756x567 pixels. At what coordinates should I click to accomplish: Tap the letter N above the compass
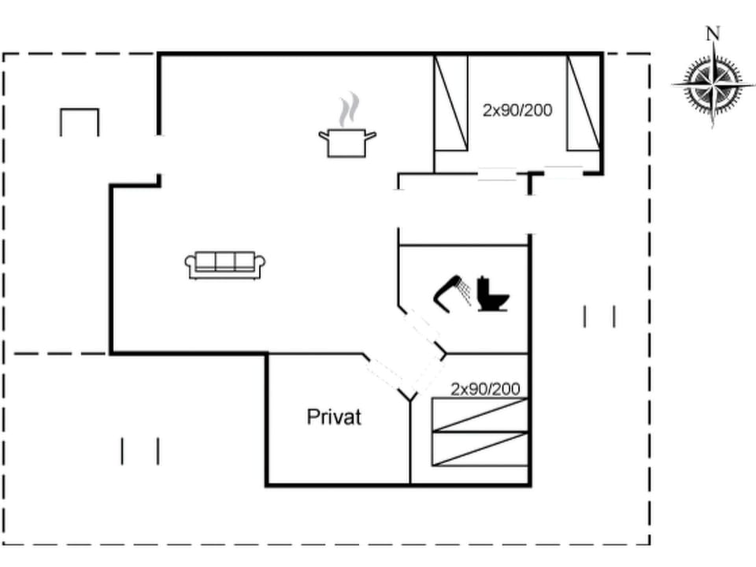[x=713, y=33]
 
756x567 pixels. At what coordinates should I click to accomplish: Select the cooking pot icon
[x=347, y=143]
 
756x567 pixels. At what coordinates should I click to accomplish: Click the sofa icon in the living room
[x=225, y=265]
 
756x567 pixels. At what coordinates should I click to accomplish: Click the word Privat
[x=334, y=417]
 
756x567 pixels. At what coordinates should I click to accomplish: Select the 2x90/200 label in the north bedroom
[x=517, y=110]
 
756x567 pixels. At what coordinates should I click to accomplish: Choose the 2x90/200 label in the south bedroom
[x=485, y=388]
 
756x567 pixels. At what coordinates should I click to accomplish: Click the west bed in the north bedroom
[x=451, y=102]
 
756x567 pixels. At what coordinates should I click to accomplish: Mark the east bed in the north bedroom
[x=584, y=102]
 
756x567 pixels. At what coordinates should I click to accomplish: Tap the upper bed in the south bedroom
[x=480, y=415]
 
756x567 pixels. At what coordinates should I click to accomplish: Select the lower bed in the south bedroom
[x=480, y=448]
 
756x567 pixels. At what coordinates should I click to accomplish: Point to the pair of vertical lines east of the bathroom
[x=599, y=317]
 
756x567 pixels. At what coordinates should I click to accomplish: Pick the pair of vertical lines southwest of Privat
[x=140, y=451]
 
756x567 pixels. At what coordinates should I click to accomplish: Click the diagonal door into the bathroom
[x=422, y=328]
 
